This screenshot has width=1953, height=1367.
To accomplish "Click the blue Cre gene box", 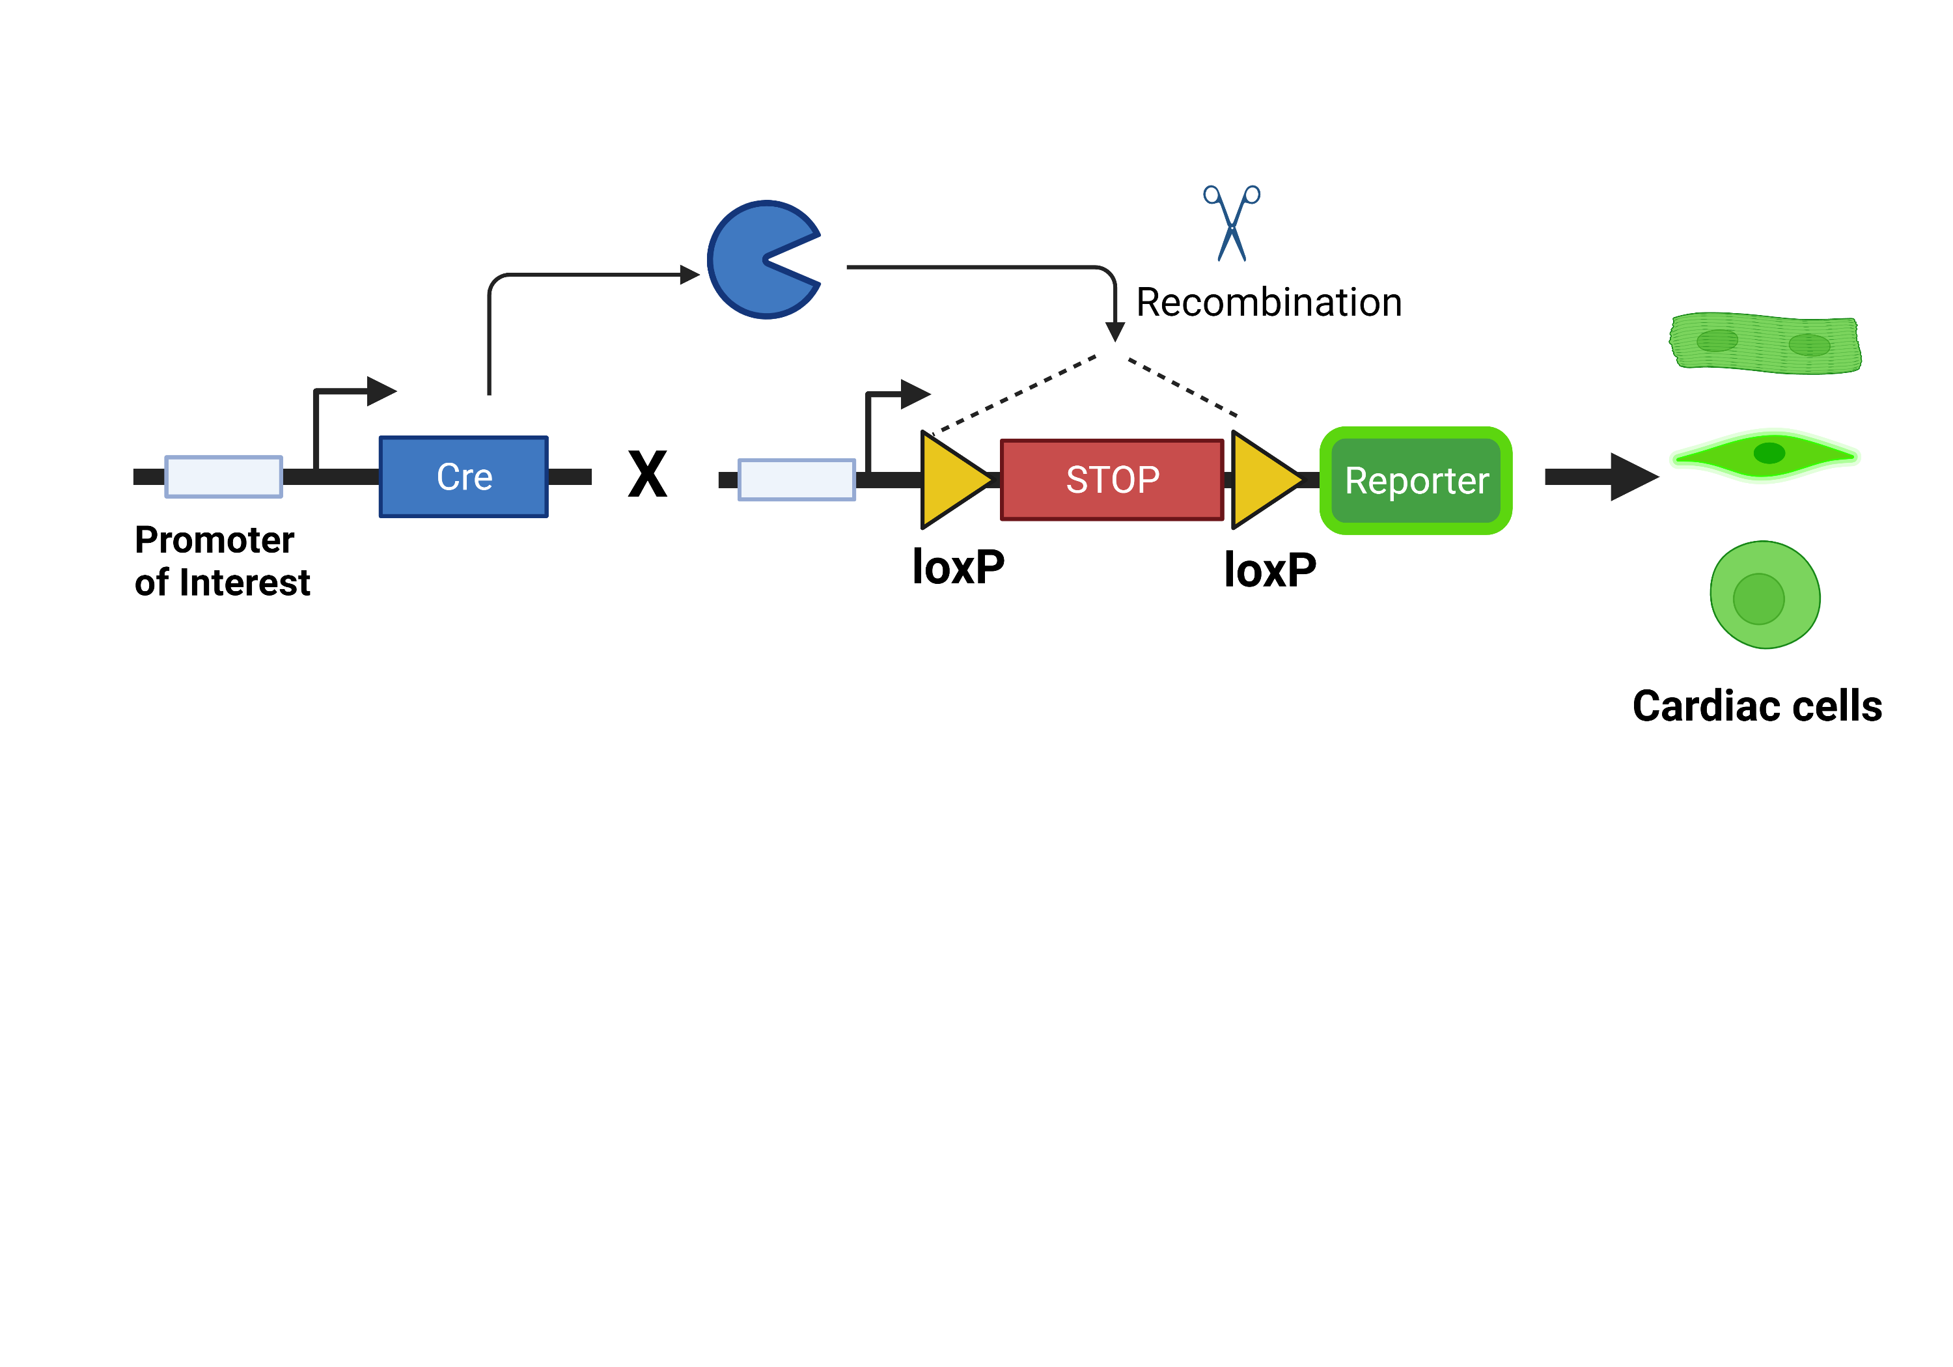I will (x=464, y=476).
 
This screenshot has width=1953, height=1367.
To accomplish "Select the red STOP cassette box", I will (x=1112, y=480).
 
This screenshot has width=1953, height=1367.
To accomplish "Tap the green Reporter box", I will (x=1415, y=480).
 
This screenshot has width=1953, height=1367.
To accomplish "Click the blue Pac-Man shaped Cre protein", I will (x=753, y=260).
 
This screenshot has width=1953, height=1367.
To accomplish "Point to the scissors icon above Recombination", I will (x=1232, y=223).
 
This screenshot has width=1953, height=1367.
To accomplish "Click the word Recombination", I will (x=1268, y=303).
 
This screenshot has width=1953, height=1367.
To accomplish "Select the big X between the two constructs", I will (x=647, y=474).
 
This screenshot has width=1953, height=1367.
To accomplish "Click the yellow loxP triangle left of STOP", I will (x=951, y=480).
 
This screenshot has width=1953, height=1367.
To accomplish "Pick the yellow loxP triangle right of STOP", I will (x=1262, y=480).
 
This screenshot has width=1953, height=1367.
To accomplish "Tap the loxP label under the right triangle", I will (x=1269, y=570).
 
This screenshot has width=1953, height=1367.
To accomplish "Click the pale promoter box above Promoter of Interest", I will (x=224, y=476).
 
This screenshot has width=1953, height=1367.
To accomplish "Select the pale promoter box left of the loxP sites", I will (x=796, y=480).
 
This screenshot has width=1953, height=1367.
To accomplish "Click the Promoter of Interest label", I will (x=221, y=561).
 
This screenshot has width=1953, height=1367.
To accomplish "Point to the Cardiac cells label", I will (x=1756, y=706).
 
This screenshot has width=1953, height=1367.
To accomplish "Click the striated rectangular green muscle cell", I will (x=1765, y=343).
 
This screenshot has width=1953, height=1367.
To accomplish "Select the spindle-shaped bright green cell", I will (x=1765, y=456).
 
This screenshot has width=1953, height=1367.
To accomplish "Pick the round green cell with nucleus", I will (x=1765, y=594).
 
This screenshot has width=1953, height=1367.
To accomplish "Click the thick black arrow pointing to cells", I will (x=1599, y=476).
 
